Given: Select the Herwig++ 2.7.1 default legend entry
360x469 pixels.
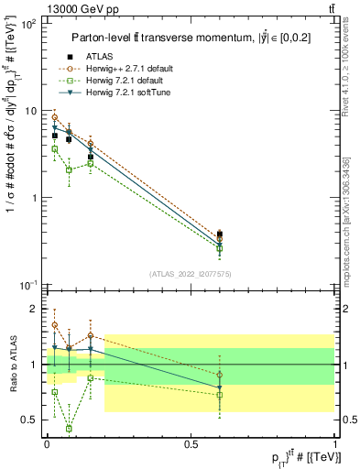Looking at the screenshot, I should point(130,70).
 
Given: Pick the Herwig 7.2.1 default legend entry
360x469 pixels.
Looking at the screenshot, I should point(126,82).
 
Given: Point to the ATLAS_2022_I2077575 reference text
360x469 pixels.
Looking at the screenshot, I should point(190,273).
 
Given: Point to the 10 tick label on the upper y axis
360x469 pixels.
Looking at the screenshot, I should point(29,111).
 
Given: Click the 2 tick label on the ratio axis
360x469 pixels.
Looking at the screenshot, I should point(36,309).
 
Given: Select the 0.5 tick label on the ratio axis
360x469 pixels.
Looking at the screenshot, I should point(30,420).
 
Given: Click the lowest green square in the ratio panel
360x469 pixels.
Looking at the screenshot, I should point(70,428).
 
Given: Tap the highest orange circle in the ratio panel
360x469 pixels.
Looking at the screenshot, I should point(55,325).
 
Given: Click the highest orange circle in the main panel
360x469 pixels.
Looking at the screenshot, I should point(55,117).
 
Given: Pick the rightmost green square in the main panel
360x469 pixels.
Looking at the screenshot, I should point(219,248).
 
